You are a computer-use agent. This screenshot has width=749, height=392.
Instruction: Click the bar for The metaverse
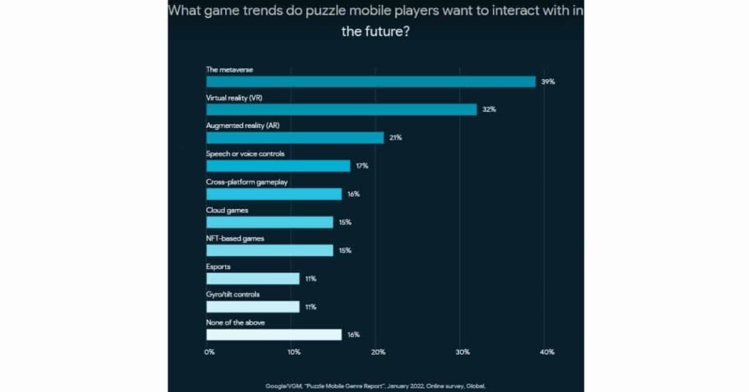371,81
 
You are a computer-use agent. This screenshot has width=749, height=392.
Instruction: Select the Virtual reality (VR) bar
342,110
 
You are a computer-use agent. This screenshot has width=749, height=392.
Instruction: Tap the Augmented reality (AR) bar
295,137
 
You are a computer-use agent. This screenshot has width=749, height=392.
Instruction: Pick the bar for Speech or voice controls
278,166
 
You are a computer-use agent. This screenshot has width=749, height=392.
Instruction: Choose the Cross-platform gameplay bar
274,194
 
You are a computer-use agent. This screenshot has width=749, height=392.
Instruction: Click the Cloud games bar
269,222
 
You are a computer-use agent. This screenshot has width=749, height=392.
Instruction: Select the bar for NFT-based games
269,250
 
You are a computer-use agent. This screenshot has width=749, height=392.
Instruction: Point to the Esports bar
252,279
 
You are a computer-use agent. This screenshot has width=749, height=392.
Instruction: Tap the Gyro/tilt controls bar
252,306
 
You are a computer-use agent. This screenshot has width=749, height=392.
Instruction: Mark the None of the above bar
274,335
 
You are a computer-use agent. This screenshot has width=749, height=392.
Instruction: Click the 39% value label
548,82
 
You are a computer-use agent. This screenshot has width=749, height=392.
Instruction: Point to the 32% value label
489,110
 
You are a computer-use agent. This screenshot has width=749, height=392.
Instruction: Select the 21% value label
396,138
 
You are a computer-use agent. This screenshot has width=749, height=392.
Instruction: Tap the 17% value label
362,166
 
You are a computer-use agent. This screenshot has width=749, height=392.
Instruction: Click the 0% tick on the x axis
209,353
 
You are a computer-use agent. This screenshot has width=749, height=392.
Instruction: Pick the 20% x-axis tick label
378,353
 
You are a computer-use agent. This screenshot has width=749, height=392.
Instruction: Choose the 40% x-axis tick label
546,353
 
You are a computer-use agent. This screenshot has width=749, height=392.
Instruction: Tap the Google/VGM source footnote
375,385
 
